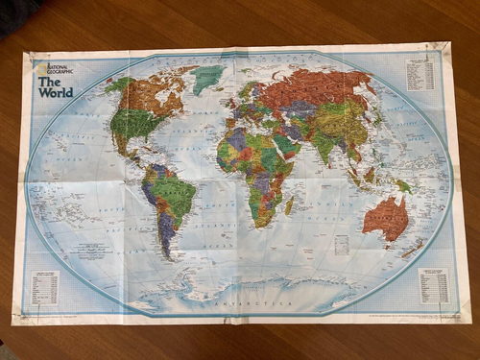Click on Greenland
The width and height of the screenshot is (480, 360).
tap(206, 77)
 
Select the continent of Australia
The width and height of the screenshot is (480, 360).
tap(386, 218)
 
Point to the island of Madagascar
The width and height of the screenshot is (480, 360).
tap(289, 204)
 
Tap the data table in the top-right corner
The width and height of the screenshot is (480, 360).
tap(420, 74)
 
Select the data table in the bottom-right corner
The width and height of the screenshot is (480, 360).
tap(434, 285)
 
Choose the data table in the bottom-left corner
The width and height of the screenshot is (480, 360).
tap(44, 287)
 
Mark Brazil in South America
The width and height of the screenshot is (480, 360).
tap(176, 197)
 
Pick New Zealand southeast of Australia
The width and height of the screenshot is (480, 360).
tap(415, 248)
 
